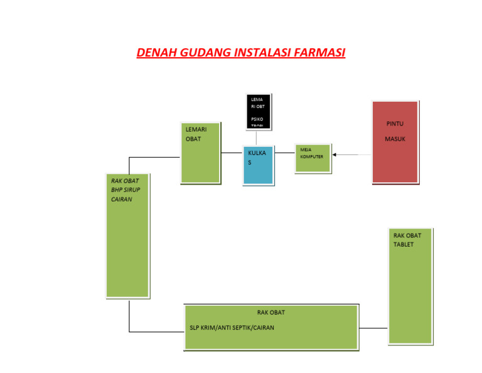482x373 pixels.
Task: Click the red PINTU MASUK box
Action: click(395, 142)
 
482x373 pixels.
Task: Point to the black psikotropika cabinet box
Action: click(258, 111)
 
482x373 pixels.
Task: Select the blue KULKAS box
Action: click(258, 165)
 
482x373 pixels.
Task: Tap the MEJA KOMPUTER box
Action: click(313, 158)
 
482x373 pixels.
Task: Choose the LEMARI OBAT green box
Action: click(201, 153)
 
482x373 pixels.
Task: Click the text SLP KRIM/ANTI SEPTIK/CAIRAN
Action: click(232, 328)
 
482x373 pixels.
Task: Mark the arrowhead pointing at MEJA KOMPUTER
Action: click(335, 154)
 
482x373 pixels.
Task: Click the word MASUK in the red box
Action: click(395, 139)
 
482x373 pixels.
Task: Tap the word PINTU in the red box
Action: click(395, 124)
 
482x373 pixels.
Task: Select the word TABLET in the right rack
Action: click(404, 244)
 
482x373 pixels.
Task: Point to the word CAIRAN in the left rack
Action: click(121, 199)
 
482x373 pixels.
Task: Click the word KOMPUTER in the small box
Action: click(311, 156)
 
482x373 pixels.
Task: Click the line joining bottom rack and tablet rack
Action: click(373, 328)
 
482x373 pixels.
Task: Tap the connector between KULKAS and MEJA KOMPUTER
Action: click(284, 152)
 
